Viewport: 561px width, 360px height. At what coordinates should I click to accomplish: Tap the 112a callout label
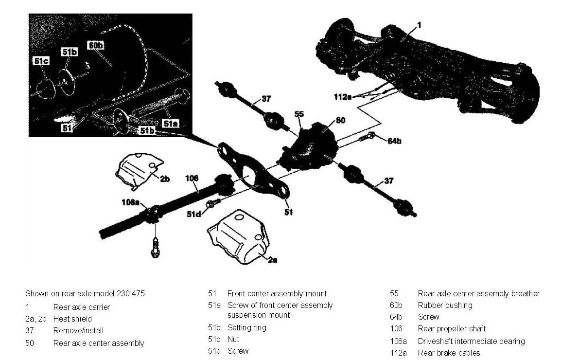tap(343, 96)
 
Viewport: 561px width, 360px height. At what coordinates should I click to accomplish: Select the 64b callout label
tap(394, 141)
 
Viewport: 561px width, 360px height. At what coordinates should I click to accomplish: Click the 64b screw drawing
tap(368, 137)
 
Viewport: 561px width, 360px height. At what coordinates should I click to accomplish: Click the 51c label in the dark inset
tap(42, 61)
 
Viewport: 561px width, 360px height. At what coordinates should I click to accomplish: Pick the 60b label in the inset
tap(96, 45)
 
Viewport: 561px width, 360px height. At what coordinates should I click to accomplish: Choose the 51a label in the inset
tap(170, 124)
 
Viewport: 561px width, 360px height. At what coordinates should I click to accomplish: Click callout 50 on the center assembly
tap(340, 120)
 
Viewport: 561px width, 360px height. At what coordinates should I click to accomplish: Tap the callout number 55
tap(299, 113)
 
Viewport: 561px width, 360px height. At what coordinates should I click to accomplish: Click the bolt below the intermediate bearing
tap(155, 245)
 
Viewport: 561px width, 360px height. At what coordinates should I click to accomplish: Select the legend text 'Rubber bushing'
tap(445, 305)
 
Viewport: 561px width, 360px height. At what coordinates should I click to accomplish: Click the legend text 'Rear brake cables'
tap(449, 353)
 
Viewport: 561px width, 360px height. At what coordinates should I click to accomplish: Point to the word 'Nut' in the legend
tap(233, 339)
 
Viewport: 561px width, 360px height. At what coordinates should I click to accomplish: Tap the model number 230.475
tap(131, 294)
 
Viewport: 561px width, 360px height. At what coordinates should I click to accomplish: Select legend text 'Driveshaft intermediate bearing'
tap(471, 341)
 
